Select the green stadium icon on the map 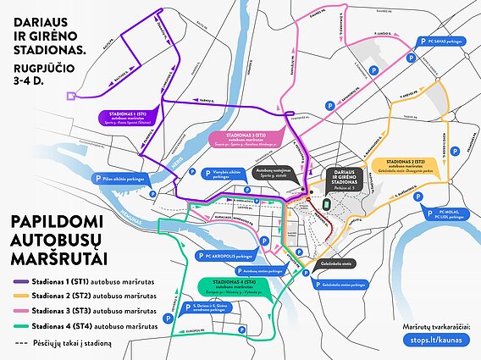(x=327, y=204)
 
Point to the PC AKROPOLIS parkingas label (x=227, y=255)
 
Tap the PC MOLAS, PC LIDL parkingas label (x=449, y=216)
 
